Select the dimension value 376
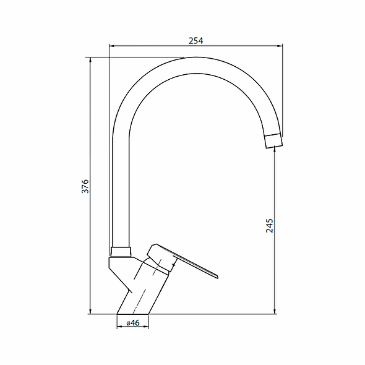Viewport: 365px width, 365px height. [x=86, y=186]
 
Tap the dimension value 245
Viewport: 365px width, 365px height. [x=269, y=225]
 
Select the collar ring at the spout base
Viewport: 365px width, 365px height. [x=121, y=252]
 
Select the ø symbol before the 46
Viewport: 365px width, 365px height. [x=127, y=323]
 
